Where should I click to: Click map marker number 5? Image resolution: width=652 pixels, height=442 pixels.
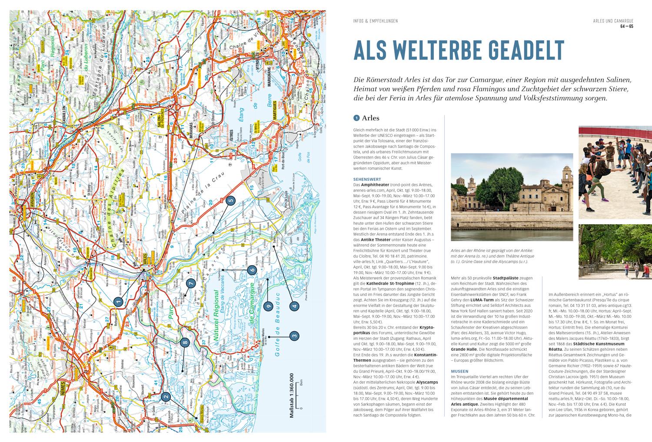click(230, 201)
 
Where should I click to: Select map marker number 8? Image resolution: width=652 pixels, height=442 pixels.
click(186, 343)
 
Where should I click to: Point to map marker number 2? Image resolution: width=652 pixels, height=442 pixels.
click(165, 396)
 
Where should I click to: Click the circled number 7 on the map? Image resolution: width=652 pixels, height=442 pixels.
click(190, 284)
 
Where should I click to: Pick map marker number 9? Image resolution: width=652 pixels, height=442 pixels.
click(269, 306)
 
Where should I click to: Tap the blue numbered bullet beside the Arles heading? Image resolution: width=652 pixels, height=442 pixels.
click(356, 118)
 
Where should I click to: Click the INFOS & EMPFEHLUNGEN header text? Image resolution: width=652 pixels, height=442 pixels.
click(376, 21)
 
